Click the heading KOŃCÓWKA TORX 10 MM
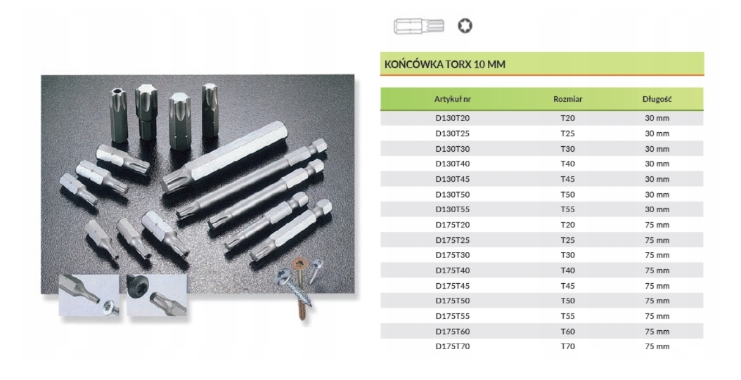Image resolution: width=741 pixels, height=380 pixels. coord(444,65)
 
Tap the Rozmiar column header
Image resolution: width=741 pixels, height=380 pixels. coord(567,99)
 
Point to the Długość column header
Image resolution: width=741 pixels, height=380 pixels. coord(657,99)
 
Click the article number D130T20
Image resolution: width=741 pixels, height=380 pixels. coord(452,118)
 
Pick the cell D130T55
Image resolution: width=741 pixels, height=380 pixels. coord(452,209)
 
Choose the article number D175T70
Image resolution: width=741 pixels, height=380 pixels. coord(452,346)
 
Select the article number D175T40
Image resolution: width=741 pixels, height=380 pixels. coord(452,270)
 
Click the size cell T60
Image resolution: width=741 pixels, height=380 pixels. coord(567,331)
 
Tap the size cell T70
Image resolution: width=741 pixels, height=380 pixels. coord(567,346)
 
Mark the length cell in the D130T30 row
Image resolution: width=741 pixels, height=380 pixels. coord(657,148)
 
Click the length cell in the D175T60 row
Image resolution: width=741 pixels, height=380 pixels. coord(657,331)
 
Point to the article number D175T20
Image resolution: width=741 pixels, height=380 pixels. coord(452,225)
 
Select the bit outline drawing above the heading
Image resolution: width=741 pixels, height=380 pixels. coord(418,27)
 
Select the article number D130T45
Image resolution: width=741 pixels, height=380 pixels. coord(452,179)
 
